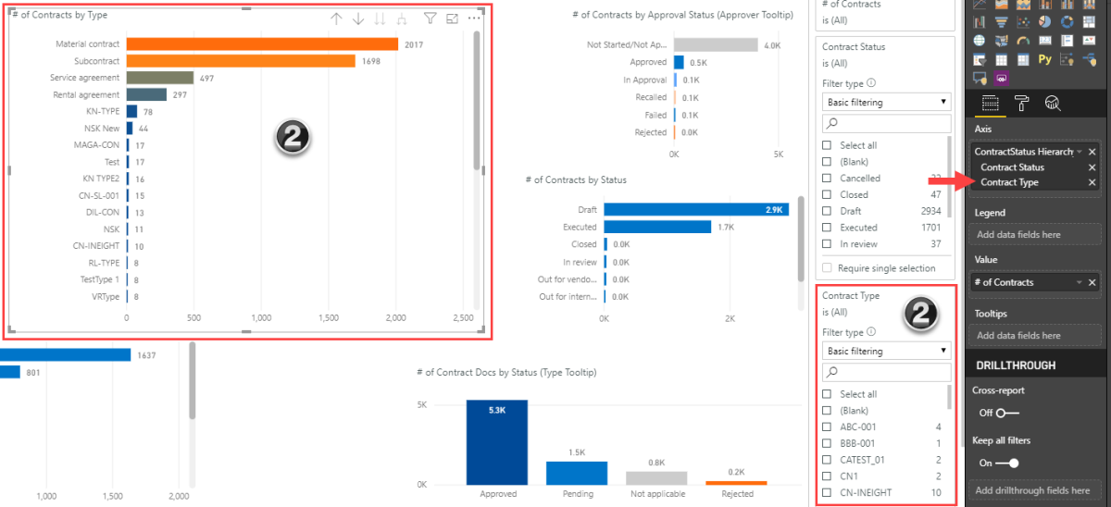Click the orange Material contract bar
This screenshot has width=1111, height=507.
(x=262, y=44)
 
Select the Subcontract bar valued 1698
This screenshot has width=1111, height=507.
(x=241, y=61)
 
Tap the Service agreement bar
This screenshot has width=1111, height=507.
(x=160, y=78)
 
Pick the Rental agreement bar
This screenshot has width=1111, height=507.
(x=146, y=94)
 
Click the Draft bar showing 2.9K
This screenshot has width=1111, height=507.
(x=695, y=210)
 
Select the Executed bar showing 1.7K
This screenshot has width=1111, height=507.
(x=657, y=227)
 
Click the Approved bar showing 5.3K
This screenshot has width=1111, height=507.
(x=497, y=442)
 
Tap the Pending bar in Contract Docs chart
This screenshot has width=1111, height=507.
(x=577, y=473)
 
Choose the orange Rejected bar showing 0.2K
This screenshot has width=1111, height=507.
(x=736, y=482)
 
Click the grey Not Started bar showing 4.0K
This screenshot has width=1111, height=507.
(x=715, y=44)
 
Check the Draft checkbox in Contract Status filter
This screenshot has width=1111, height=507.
(x=828, y=211)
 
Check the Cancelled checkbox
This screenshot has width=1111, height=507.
(x=828, y=178)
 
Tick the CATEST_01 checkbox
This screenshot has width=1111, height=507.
(x=828, y=460)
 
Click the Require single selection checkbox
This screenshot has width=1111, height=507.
(x=828, y=268)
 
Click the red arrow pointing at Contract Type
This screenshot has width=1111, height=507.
(x=948, y=182)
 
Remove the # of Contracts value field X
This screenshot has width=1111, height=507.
(x=1092, y=282)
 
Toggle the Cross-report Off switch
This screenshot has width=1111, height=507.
(x=1007, y=413)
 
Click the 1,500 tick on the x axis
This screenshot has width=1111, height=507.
(x=329, y=316)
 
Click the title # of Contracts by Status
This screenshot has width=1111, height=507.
(x=575, y=179)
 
